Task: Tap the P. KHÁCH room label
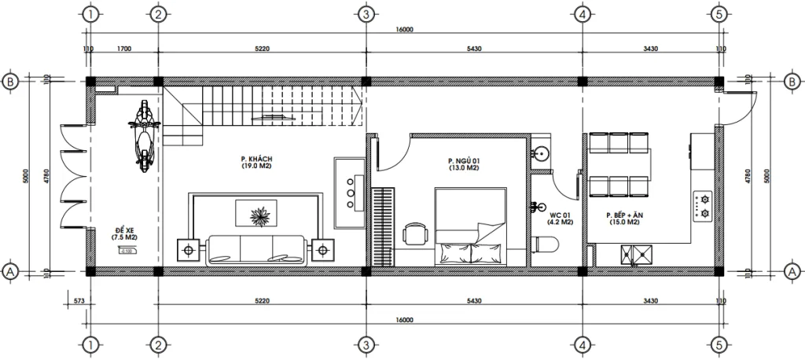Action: (256, 163)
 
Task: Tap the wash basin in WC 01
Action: (540, 153)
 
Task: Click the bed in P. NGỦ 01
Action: (471, 228)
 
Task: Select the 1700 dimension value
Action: (123, 49)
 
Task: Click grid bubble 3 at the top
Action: (365, 14)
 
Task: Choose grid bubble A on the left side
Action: (11, 271)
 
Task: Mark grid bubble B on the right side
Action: (791, 80)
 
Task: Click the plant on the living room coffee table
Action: (257, 214)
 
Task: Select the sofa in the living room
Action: (256, 249)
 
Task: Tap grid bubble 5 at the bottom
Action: (718, 345)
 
